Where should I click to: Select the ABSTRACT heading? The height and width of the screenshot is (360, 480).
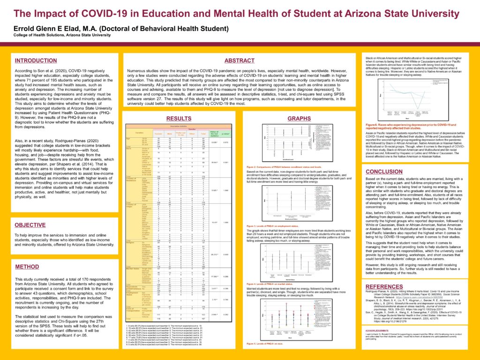click(x=240, y=61)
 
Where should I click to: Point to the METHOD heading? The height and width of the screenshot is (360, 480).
click(x=27, y=267)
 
